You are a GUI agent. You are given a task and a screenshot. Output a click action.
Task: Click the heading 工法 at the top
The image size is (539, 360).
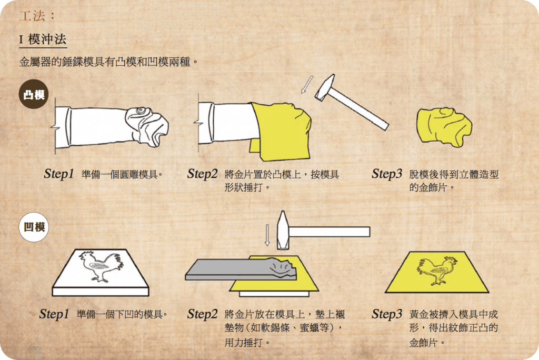tap(32, 15)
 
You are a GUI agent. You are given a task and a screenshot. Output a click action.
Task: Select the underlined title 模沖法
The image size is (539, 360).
tap(47, 39)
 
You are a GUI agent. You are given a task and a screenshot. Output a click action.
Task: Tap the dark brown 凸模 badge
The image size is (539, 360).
tap(34, 94)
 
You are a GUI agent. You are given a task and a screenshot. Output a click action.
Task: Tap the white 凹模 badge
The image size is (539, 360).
tap(34, 227)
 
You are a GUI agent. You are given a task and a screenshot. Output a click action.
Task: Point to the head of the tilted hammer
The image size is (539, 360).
tap(325, 88)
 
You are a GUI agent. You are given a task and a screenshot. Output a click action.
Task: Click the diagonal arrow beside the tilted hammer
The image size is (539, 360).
tap(307, 84)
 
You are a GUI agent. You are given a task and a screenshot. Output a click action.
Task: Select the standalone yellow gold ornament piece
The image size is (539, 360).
tap(444, 127)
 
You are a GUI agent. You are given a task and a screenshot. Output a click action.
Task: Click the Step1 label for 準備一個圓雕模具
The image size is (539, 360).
tap(59, 174)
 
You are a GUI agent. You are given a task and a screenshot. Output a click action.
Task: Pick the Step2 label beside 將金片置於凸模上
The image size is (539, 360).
tap(203, 174)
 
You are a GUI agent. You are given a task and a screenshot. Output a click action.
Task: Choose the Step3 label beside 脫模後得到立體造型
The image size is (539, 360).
tap(387, 174)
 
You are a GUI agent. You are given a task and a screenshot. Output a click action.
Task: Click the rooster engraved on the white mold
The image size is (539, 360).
tap(102, 266)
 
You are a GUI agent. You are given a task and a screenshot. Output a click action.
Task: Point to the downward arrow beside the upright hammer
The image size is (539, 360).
tap(267, 235)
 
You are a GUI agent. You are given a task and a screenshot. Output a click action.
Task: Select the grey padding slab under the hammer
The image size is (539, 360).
tap(241, 269)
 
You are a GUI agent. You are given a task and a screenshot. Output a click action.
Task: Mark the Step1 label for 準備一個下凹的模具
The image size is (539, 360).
tap(54, 314)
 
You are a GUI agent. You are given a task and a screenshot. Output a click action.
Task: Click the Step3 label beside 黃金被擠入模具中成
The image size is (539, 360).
tap(387, 314)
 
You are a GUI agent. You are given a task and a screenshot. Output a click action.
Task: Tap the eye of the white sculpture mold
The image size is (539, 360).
tap(140, 111)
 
